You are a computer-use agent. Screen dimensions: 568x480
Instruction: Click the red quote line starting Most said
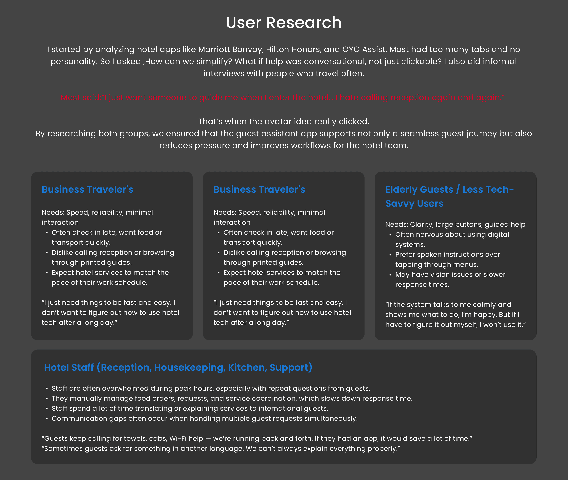click(x=282, y=97)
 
